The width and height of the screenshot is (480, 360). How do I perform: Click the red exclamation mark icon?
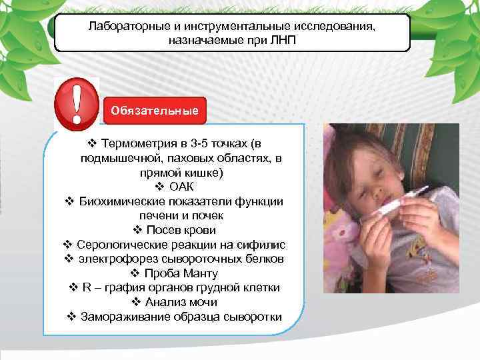click(x=76, y=103)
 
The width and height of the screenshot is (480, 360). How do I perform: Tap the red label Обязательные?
click(x=154, y=110)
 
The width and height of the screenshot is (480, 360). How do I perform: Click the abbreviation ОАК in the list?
click(x=182, y=187)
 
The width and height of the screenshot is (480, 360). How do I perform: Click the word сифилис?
click(x=264, y=245)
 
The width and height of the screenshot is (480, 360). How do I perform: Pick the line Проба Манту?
click(x=180, y=273)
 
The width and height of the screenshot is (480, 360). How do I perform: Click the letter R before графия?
click(x=86, y=287)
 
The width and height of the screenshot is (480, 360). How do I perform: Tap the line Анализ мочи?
click(x=180, y=302)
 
